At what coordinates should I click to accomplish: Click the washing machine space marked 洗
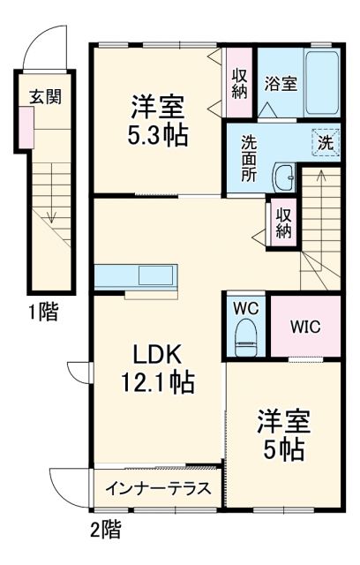[x=324, y=139]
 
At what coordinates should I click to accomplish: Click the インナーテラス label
[x=157, y=489]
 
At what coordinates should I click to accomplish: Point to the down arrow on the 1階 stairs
[x=52, y=213]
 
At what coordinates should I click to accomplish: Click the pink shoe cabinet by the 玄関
[x=26, y=130]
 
